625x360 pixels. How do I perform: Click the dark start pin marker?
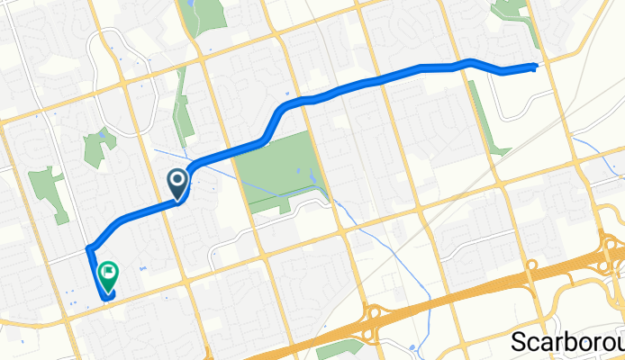tap(178, 184)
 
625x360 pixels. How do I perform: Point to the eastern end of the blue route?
tap(537, 66)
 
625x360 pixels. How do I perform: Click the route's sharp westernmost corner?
tap(87, 247)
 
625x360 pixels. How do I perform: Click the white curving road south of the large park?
tap(270, 220)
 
